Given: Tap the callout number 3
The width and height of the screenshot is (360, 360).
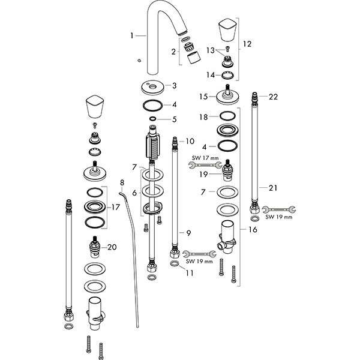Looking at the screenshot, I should pyautogui.click(x=174, y=86).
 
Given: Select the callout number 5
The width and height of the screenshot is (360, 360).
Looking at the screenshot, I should pyautogui.click(x=175, y=119).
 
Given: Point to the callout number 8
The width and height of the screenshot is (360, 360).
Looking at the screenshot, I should pyautogui.click(x=122, y=182).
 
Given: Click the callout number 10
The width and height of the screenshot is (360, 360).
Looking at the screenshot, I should pyautogui.click(x=190, y=142).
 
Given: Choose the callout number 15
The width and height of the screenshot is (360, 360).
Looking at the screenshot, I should pyautogui.click(x=203, y=96).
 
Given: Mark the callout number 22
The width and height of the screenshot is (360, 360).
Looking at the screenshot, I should pyautogui.click(x=273, y=97).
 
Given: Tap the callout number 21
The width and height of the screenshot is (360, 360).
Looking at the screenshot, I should pyautogui.click(x=273, y=188).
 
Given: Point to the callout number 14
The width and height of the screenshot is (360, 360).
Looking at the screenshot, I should pyautogui.click(x=211, y=74).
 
